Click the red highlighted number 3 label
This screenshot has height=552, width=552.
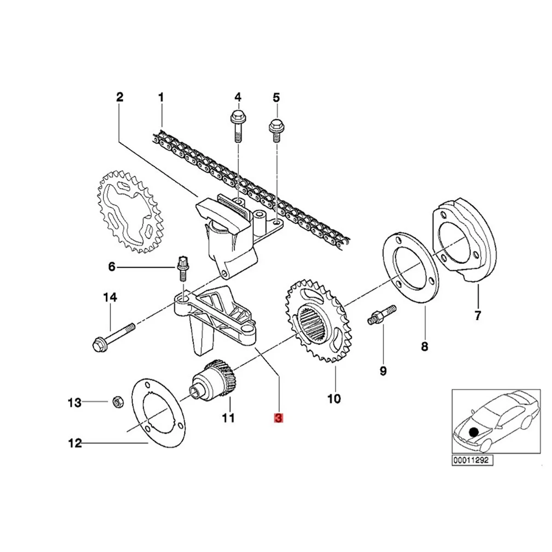[279, 418]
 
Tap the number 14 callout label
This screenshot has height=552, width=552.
[110, 298]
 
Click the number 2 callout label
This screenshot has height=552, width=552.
[120, 97]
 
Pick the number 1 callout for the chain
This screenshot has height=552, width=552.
[161, 97]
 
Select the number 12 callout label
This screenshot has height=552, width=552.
[75, 443]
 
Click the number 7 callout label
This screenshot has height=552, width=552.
[477, 316]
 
